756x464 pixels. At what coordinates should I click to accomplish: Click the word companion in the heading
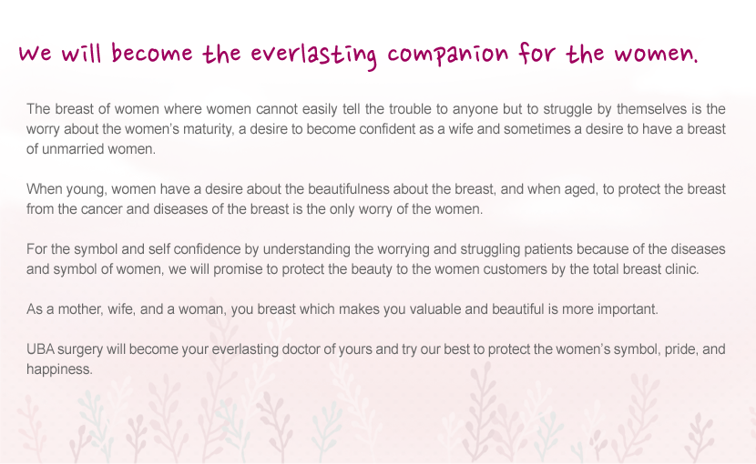click(x=448, y=54)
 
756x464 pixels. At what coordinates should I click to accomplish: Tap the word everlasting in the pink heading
click(x=313, y=55)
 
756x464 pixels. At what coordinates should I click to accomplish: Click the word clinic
click(x=682, y=269)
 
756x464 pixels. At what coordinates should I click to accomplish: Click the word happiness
click(x=59, y=369)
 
